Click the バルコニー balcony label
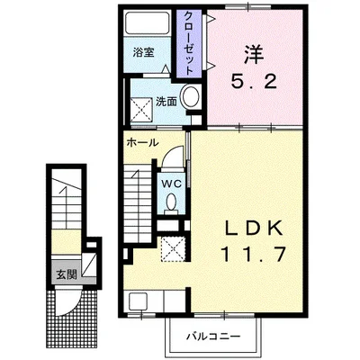coord(209,337)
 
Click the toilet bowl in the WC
coord(171,202)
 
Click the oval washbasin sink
coord(191,99)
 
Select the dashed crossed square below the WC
coord(170,246)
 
